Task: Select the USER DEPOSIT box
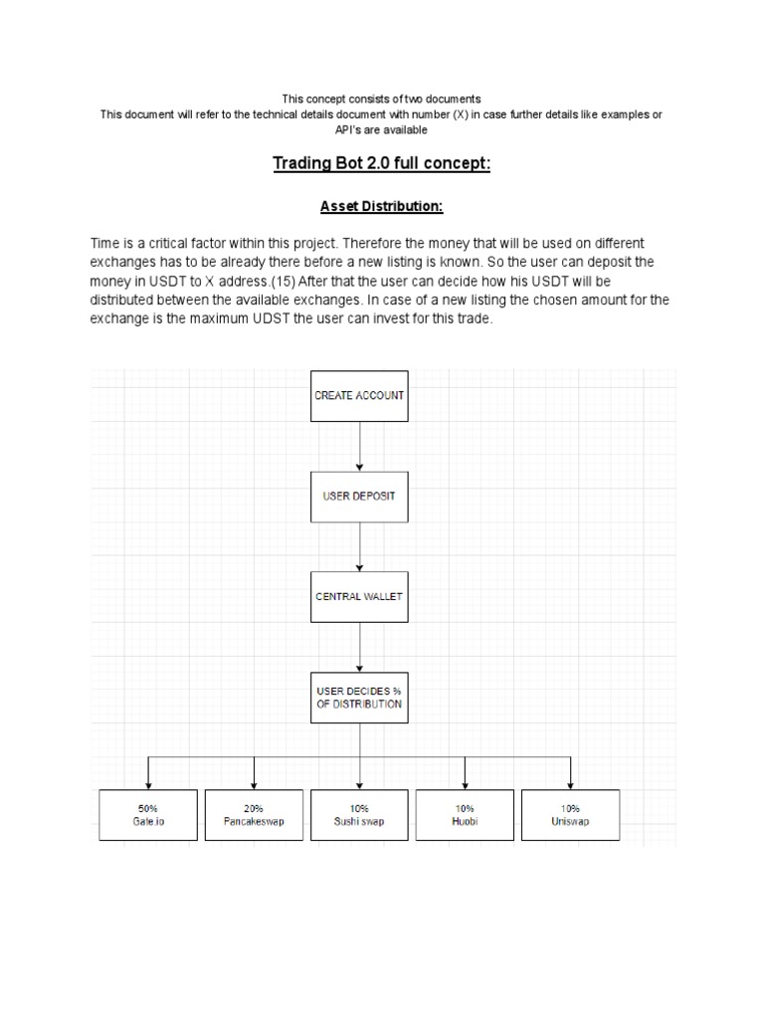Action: coord(359,496)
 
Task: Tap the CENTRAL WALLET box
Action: coord(359,597)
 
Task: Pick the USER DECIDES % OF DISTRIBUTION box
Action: coord(359,696)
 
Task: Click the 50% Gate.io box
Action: coord(148,815)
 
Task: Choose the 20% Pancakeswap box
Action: coord(254,815)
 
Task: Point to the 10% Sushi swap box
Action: coord(359,815)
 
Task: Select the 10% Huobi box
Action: coord(465,815)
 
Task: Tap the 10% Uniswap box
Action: coord(570,815)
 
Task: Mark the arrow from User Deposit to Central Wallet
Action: coord(359,546)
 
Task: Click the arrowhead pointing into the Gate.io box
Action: coord(148,784)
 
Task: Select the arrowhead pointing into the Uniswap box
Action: coord(570,784)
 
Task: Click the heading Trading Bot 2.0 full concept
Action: coord(381,163)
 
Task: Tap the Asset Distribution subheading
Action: coord(381,207)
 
